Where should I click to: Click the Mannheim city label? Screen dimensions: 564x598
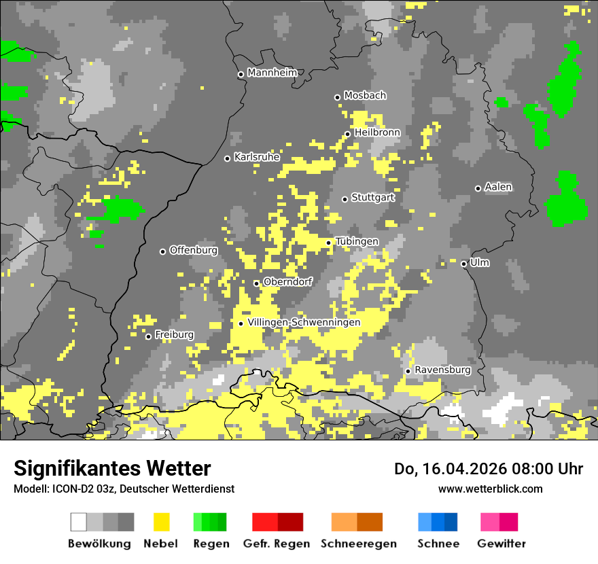272,73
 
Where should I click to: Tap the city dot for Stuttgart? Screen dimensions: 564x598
345,199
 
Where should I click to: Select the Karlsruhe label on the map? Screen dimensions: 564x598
257,157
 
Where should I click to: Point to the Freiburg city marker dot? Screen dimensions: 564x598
148,336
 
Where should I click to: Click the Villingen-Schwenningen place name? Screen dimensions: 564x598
304,322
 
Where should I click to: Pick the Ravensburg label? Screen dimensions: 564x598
442,370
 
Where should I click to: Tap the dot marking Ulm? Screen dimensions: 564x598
463,264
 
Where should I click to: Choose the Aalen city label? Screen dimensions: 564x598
498,187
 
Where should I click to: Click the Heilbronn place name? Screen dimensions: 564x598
377,133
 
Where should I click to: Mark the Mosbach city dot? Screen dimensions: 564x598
337,97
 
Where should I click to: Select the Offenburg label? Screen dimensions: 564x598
194,250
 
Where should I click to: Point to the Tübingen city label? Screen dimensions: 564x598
357,241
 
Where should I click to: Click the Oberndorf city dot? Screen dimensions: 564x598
256,283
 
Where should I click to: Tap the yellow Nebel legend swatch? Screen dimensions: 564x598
162,522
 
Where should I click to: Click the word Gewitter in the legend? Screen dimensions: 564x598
502,544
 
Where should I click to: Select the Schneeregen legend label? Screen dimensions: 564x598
359,544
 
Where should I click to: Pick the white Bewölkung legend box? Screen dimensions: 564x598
79,522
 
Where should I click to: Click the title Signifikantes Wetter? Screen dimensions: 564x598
112,468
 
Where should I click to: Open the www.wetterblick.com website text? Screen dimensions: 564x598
490,489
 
